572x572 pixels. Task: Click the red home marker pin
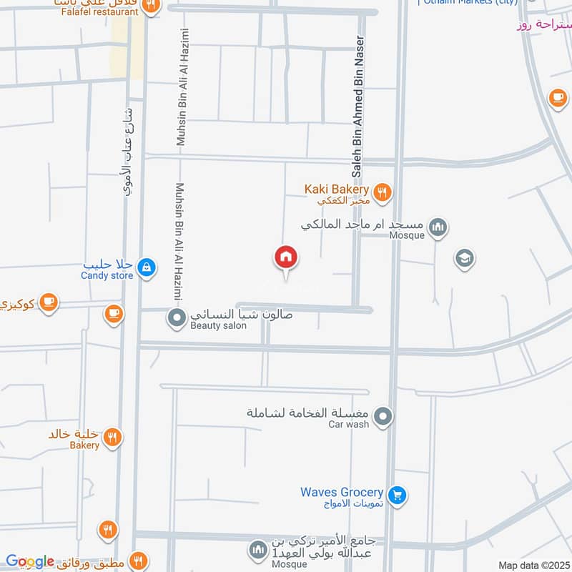(286, 257)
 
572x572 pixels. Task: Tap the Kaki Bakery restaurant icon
(383, 191)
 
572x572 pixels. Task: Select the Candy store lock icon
(146, 267)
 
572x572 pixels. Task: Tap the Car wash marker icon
(384, 415)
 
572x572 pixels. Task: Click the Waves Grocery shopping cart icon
(398, 493)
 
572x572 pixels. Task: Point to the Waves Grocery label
(342, 493)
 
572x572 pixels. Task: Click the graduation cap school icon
(465, 258)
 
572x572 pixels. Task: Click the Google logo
(30, 562)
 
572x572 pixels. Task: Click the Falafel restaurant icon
(151, 6)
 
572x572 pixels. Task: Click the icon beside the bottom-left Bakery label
(112, 438)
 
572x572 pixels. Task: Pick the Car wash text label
(348, 424)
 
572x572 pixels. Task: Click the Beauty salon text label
(218, 326)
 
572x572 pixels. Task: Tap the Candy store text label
(107, 275)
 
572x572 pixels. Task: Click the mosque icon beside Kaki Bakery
(438, 228)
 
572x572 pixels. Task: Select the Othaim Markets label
(469, 2)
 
